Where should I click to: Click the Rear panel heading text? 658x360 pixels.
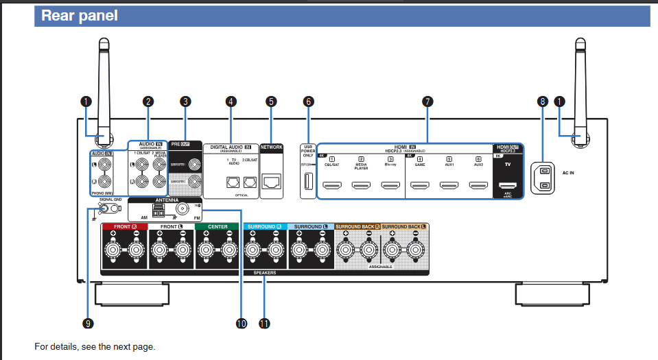tap(80, 16)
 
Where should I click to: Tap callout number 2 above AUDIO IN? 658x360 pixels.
tap(148, 101)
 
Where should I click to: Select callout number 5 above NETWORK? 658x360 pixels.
tap(271, 101)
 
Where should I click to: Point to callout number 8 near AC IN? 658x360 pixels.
tap(543, 101)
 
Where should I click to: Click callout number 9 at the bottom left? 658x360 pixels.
tap(89, 323)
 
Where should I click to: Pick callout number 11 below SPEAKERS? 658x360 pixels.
tap(264, 323)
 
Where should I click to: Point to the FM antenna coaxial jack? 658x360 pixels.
tap(183, 209)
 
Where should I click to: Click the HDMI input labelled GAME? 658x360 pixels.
tap(420, 185)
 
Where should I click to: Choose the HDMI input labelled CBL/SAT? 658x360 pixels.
tap(333, 185)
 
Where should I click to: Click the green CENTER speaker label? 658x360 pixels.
tap(218, 226)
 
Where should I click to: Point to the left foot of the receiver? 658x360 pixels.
tap(131, 293)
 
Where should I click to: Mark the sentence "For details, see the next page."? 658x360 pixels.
tap(95, 346)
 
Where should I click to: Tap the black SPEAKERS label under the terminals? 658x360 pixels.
tap(264, 272)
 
